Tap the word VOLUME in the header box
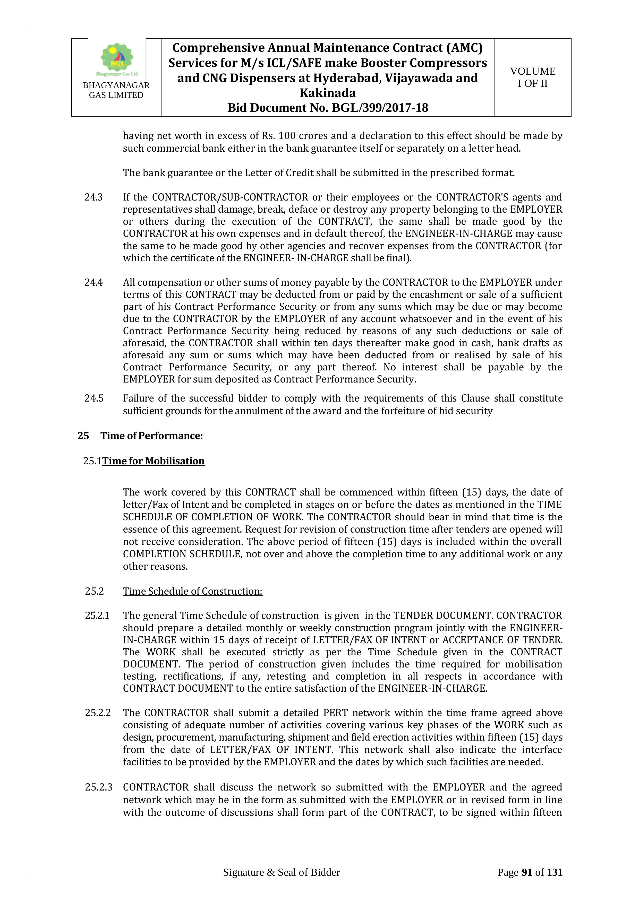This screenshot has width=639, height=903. pyautogui.click(x=533, y=71)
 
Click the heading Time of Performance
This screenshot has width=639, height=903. pyautogui.click(x=151, y=436)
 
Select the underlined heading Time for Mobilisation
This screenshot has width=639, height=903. pyautogui.click(x=154, y=461)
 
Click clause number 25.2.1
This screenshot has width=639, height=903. pyautogui.click(x=97, y=615)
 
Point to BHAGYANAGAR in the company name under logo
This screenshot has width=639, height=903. pyautogui.click(x=116, y=85)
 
